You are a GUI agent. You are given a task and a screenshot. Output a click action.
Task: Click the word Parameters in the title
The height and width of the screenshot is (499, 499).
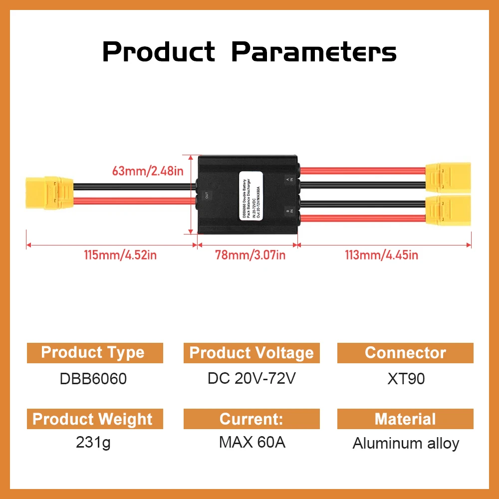(314, 52)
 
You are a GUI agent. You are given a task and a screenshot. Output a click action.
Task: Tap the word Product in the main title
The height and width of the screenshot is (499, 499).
(159, 52)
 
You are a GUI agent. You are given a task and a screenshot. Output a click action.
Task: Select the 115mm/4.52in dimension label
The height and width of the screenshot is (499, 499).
(120, 255)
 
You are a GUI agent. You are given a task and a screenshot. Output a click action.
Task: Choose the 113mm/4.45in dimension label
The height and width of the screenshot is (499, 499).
(382, 255)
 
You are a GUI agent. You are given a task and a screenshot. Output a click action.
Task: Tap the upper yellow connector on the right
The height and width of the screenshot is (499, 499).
(448, 177)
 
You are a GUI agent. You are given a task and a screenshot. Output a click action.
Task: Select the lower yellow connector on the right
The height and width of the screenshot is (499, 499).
(448, 211)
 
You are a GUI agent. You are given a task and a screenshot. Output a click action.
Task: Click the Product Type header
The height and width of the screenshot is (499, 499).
(93, 353)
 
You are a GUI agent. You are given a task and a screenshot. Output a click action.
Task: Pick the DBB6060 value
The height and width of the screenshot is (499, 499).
(93, 379)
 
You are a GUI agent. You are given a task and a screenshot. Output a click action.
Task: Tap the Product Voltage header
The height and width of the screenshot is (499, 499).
(251, 353)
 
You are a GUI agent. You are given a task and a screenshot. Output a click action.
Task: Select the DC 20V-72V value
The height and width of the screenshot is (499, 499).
(252, 378)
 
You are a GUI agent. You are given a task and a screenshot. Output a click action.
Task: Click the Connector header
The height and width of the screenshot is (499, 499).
(405, 353)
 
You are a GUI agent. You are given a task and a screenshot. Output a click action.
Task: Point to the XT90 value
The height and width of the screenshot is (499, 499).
(406, 379)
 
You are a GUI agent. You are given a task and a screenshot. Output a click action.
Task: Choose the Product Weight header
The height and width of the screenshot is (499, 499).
(93, 419)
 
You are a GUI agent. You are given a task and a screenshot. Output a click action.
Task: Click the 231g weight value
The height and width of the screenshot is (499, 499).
(93, 443)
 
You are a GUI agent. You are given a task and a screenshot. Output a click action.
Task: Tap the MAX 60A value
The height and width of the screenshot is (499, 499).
(252, 443)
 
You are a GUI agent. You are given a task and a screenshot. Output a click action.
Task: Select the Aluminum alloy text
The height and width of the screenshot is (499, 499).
(406, 444)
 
